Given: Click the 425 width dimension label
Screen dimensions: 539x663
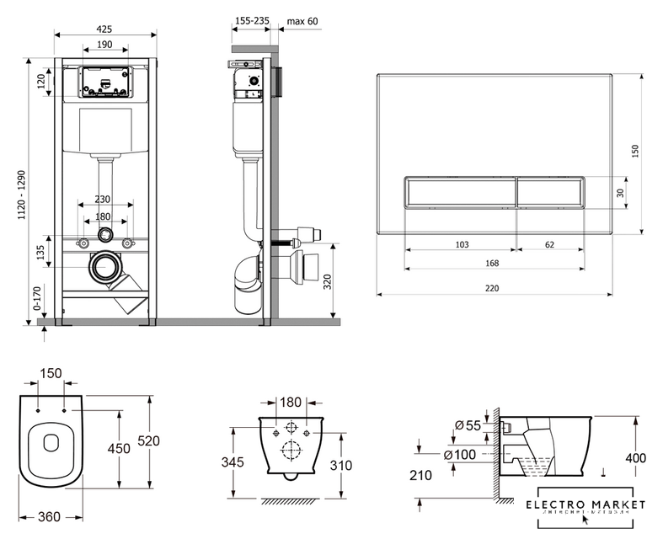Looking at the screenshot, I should click(105, 29).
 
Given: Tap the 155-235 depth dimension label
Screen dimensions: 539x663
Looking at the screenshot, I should click(251, 20).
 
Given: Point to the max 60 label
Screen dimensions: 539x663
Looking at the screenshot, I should click(302, 20).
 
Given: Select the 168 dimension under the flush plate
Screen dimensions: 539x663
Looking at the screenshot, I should click(492, 264).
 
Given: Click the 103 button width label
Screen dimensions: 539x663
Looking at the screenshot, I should click(462, 244).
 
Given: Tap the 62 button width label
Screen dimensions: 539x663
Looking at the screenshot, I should click(549, 244).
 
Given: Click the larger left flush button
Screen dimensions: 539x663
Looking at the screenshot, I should click(459, 194).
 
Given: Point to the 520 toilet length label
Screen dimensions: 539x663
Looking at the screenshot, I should click(148, 441).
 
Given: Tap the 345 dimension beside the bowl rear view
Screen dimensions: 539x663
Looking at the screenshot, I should click(233, 462).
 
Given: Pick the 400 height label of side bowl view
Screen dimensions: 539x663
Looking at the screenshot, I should click(636, 458).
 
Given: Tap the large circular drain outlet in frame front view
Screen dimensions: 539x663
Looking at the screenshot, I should click(105, 269).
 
